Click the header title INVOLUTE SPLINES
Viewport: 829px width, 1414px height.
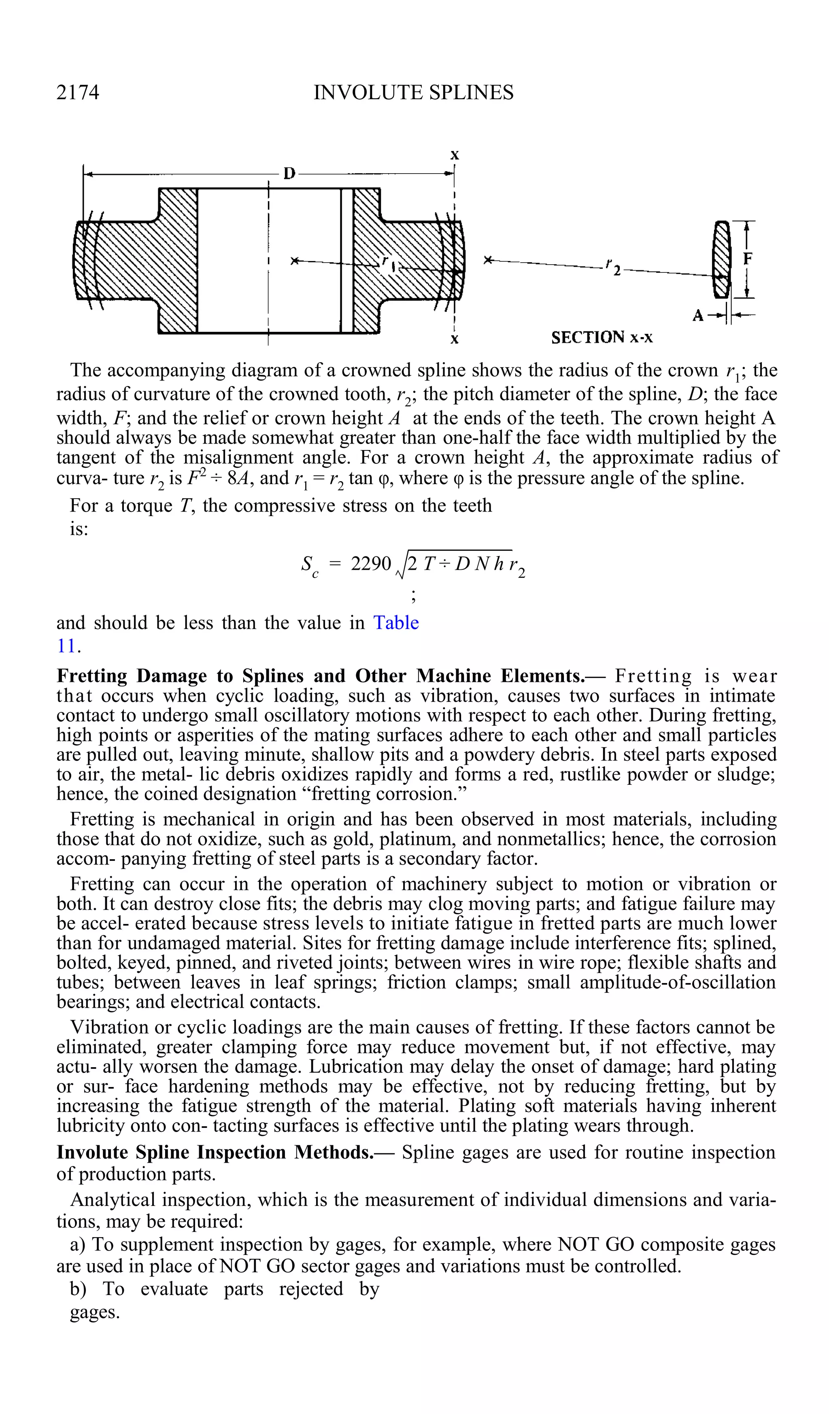[x=413, y=92]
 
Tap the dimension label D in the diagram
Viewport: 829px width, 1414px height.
[x=289, y=173]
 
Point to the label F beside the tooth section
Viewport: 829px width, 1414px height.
[x=748, y=259]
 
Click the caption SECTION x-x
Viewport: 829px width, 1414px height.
[x=602, y=337]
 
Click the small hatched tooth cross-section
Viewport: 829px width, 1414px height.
[x=721, y=260]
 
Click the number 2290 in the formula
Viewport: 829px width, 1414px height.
[x=370, y=563]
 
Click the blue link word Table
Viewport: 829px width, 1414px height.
[x=396, y=622]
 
